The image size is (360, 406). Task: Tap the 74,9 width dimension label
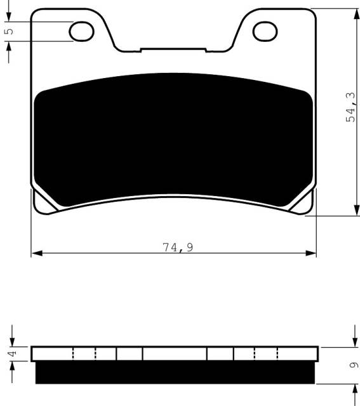coord(178,247)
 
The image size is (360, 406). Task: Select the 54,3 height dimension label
coord(352,107)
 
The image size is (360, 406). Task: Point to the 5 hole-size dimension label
coord(10,31)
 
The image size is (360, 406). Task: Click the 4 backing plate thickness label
coord(13,353)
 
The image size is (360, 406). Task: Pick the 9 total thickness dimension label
coord(354,365)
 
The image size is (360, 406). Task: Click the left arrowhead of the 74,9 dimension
coord(37,253)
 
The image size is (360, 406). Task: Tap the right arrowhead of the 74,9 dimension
coord(310,253)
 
